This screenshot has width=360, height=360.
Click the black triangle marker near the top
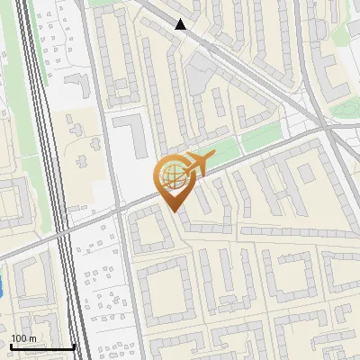181,24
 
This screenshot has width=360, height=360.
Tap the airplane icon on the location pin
197,164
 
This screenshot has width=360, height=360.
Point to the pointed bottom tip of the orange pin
174,211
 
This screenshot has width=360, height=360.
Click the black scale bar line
42,347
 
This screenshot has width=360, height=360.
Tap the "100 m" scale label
24,338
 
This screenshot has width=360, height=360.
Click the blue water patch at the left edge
3,284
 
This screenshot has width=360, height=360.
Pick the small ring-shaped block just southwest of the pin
148,232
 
